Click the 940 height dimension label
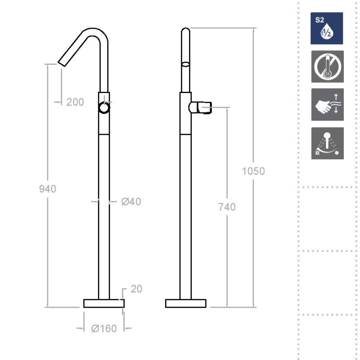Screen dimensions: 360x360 coord(48,189)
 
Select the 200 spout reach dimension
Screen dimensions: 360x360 coord(75,102)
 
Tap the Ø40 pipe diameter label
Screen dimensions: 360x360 coord(131,202)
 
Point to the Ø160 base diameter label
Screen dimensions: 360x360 coord(104,328)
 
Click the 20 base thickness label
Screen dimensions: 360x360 coord(136,289)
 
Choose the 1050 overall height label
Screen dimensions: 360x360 coord(253,171)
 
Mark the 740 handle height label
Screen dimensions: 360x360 coord(227,207)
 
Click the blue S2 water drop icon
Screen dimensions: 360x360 coord(327,28)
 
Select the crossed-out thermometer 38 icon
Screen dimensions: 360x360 coord(328,67)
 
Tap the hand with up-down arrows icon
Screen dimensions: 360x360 coord(328,104)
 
